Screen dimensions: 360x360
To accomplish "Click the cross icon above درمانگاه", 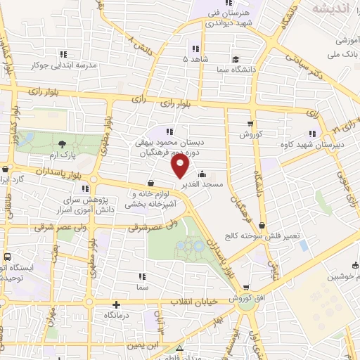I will click(x=117, y=305).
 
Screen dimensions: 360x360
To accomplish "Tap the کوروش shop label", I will click(x=250, y=134).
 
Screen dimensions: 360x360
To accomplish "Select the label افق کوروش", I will click(x=247, y=297).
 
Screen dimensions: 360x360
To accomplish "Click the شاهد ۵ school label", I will click(x=195, y=60).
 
